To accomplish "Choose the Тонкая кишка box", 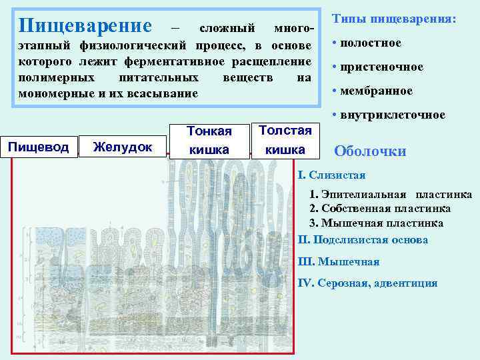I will coord(209,140).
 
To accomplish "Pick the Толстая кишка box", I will coord(285,139).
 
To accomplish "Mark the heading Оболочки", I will coord(369,151).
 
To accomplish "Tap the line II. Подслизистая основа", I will coord(363,239).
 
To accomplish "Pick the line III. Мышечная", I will coord(339,261).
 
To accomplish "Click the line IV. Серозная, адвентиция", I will coord(367,283).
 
